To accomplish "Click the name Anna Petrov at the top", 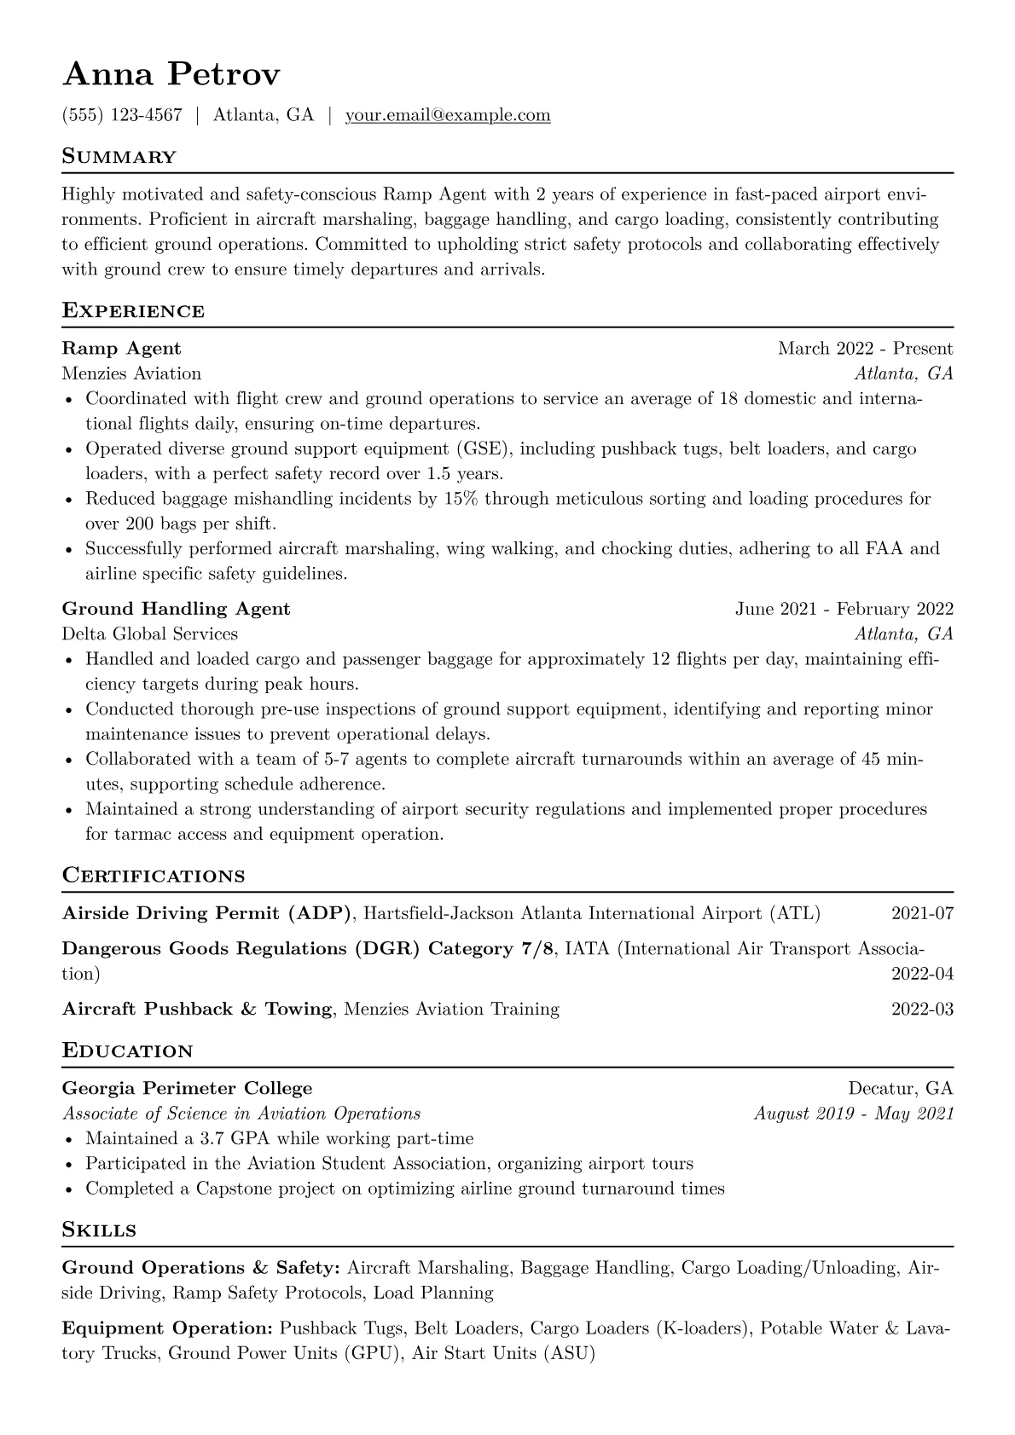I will [x=171, y=75].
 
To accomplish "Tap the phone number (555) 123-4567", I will [x=122, y=115].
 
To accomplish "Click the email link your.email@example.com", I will [x=448, y=115].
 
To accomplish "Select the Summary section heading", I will [x=119, y=157].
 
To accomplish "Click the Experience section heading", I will [x=133, y=310].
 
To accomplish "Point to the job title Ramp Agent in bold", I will [x=121, y=348].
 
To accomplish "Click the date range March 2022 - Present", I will [x=865, y=348].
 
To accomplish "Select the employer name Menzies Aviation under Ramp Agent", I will [x=131, y=373].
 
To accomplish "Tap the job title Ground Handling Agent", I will [x=176, y=609].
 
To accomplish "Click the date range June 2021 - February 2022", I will [x=844, y=609].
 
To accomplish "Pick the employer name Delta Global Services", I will [x=149, y=634].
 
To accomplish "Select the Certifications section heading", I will [x=154, y=876].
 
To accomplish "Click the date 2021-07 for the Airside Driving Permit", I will [x=922, y=914].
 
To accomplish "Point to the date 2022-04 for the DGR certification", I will [x=922, y=974].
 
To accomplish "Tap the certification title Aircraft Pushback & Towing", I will [x=197, y=1010].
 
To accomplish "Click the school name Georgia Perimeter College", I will [x=187, y=1088].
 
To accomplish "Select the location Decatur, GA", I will [x=900, y=1088].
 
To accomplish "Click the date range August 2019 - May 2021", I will [x=853, y=1114].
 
